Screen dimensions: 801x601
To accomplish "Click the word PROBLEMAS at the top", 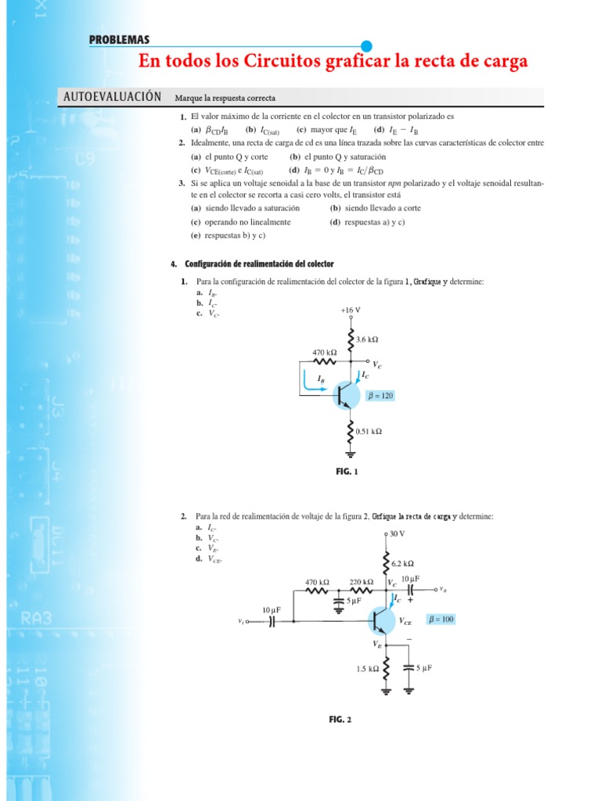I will [119, 40].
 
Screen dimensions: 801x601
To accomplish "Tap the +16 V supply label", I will [351, 310].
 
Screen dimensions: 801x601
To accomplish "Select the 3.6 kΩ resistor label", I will [367, 340].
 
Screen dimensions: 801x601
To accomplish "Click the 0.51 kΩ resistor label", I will [369, 431].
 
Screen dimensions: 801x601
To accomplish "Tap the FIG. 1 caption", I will [346, 471].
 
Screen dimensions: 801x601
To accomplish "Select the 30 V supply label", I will [397, 533].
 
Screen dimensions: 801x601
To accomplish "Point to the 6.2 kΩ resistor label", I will [402, 563].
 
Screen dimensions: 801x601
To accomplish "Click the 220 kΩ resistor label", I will [361, 582].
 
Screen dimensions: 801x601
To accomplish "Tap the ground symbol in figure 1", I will [351, 453].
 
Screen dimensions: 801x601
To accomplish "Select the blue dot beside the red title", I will [366, 46].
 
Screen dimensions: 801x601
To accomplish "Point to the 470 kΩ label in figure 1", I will [325, 353].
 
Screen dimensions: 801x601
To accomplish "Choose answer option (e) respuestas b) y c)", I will [228, 235].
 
